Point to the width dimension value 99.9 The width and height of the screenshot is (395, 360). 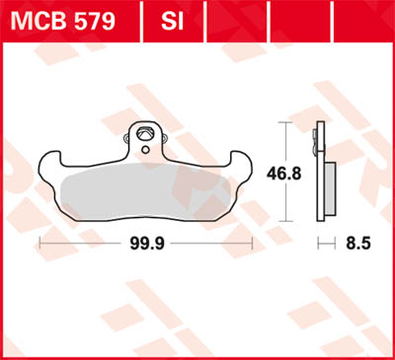point(145,241)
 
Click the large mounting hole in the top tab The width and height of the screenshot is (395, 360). point(146,133)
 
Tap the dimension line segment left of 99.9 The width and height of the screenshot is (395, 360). point(79,241)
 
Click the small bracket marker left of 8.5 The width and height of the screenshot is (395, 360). point(321,241)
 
